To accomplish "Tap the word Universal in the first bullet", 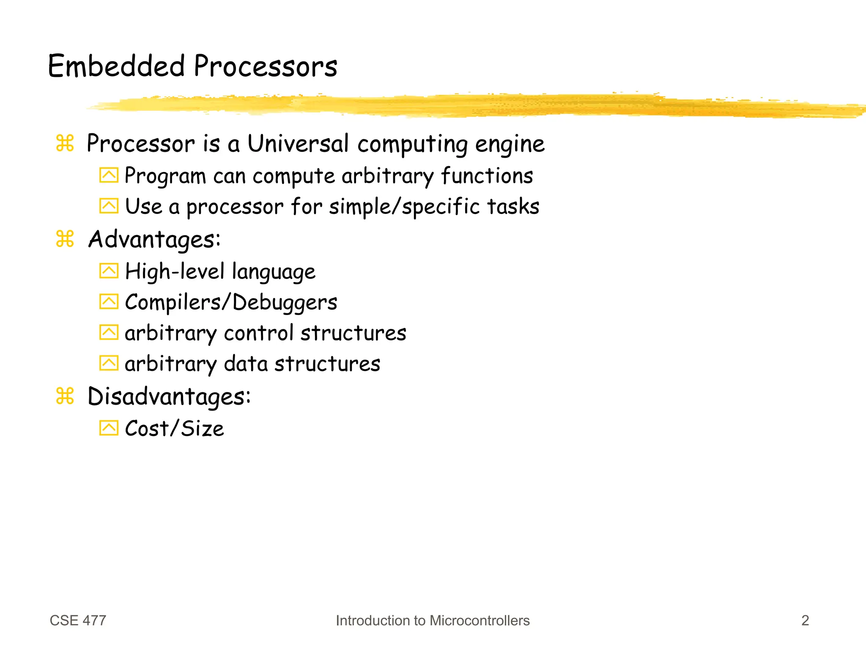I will point(298,143).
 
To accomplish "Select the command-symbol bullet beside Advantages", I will point(65,239).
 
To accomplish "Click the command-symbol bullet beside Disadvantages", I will point(65,396).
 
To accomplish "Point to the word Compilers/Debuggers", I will point(231,302).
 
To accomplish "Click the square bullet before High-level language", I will point(109,271).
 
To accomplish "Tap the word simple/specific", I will point(404,207).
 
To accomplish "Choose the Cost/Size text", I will point(174,428).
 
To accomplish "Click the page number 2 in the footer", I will point(805,620).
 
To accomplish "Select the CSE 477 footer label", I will point(78,620).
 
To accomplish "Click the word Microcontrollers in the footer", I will point(480,620).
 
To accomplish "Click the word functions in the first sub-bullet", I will point(487,175).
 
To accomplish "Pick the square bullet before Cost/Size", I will point(109,428).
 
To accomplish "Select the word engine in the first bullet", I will point(510,144).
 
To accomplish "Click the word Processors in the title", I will point(266,66).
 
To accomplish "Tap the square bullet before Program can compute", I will point(109,175).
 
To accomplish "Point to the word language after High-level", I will point(274,272).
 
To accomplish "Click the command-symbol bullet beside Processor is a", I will point(65,143).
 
